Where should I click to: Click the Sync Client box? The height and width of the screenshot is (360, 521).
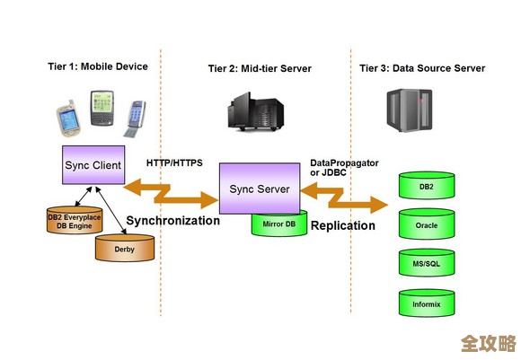[93, 166]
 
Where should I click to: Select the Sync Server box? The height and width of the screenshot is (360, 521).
[260, 189]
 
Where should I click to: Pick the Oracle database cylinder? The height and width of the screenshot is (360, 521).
[427, 225]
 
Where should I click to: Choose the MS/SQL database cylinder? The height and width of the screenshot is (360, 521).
[427, 265]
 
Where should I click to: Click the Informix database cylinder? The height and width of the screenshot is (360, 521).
[427, 303]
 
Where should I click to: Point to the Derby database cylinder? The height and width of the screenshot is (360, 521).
[125, 248]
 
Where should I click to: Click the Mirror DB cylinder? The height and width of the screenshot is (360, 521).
[279, 224]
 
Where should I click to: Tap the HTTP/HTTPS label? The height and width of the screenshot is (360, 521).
[174, 163]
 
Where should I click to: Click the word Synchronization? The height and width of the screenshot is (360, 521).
[172, 220]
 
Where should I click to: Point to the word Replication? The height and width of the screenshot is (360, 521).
[342, 225]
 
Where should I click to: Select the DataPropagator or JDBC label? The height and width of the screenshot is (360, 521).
[344, 167]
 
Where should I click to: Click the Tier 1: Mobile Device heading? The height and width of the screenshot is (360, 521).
[97, 67]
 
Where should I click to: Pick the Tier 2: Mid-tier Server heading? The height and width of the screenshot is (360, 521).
[260, 67]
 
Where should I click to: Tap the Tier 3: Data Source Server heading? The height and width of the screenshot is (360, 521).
[421, 67]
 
